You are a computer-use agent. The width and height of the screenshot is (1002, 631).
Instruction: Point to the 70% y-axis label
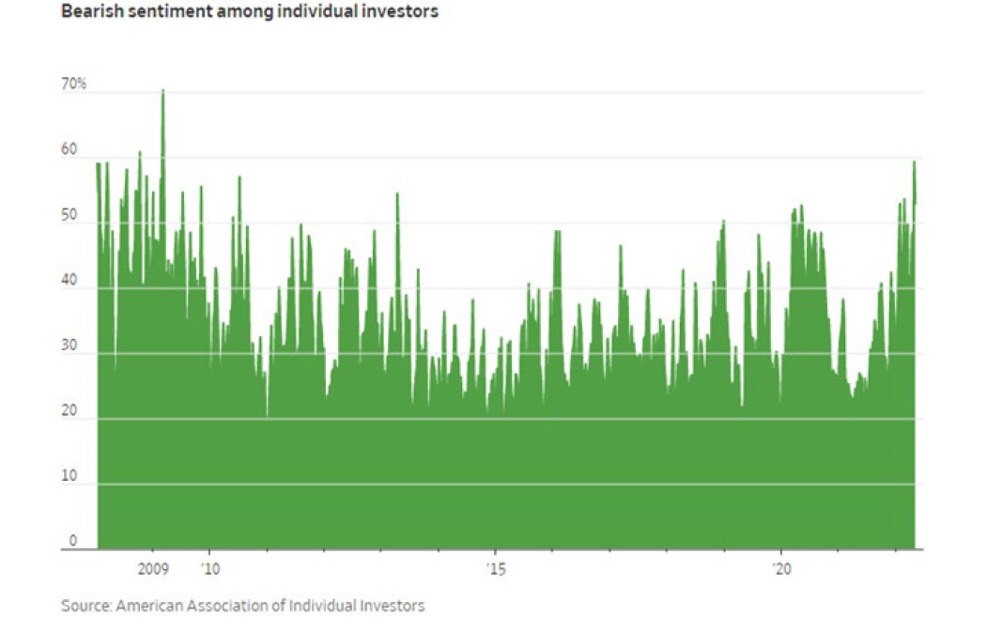coord(73,85)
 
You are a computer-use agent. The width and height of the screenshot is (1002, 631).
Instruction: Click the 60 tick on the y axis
coord(69,150)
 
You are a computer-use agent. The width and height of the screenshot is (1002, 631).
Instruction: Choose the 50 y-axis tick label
coord(69,216)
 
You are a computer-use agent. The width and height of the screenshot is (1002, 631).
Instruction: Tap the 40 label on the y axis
coord(69,281)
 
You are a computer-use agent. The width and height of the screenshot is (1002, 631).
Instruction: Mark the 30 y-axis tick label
coord(69,346)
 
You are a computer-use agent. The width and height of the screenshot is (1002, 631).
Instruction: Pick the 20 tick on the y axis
coord(69,411)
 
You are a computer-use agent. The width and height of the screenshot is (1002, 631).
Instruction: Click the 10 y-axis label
coord(69,477)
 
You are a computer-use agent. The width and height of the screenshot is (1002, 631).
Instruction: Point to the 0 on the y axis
coord(72,542)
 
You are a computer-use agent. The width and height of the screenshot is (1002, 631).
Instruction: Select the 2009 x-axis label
coord(152,569)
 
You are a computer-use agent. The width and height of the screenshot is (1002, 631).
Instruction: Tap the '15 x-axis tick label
coord(495,569)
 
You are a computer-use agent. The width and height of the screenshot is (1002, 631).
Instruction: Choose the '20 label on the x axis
coord(781,569)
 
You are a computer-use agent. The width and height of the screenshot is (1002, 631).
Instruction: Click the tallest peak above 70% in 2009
coord(162,91)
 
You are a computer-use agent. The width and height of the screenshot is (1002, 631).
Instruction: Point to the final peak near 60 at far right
coord(914,162)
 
